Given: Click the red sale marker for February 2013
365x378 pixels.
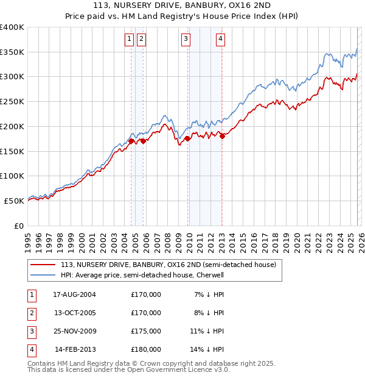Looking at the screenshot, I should (223, 136).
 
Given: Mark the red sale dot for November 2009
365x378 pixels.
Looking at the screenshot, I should (187, 138).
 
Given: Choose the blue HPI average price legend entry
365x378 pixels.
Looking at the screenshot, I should (142, 275).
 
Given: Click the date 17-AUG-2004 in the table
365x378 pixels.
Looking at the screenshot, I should (74, 294).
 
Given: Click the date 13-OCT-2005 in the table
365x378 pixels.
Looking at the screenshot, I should (74, 313).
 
